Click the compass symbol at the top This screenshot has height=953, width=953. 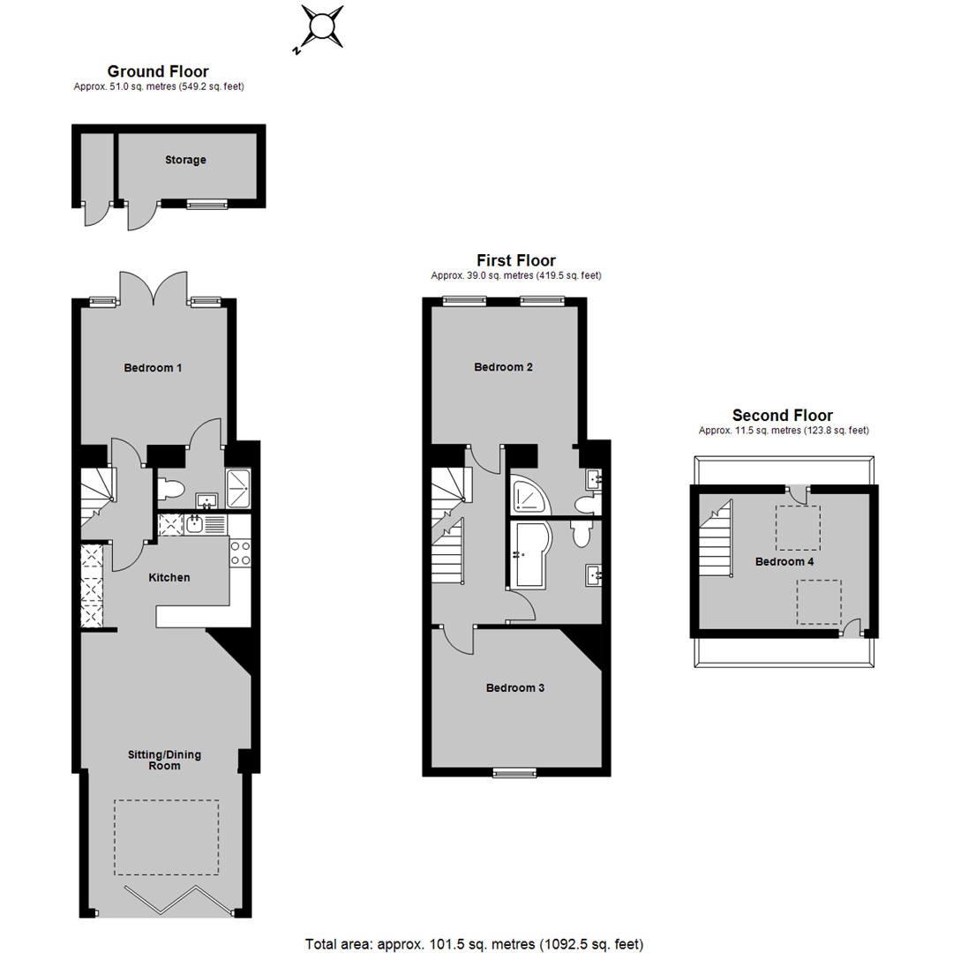tap(323, 27)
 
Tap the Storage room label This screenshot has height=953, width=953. tap(185, 160)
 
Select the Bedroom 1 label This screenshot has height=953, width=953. tap(153, 368)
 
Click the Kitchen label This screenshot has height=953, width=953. tap(169, 577)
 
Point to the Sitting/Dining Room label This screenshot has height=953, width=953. tap(164, 761)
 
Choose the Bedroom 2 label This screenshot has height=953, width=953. tap(503, 367)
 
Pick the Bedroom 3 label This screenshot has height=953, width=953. tap(514, 688)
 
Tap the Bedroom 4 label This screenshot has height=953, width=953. tap(784, 561)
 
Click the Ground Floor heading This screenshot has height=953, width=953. tap(158, 71)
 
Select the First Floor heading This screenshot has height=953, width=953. tap(516, 260)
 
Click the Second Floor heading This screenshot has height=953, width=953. tap(782, 416)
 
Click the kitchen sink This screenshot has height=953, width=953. tap(194, 524)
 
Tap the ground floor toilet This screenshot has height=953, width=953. tap(171, 488)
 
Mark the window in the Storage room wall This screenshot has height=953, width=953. tap(206, 205)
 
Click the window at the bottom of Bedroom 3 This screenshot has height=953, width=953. tap(514, 773)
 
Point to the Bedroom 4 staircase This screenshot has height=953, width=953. tap(716, 538)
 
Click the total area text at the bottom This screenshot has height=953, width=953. tap(474, 944)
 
